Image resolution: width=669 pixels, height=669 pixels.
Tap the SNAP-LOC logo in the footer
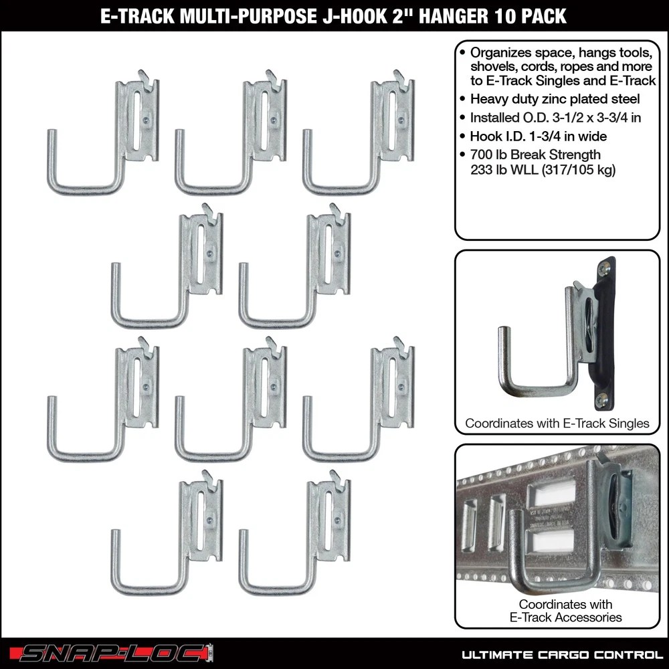coord(112,653)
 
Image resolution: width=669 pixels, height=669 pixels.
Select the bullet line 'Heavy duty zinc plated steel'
coord(555,99)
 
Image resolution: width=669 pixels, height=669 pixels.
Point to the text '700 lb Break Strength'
coord(535,155)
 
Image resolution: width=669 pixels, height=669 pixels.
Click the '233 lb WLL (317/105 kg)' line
coord(543,170)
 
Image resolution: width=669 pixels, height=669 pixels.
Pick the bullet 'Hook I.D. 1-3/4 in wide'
coord(538,136)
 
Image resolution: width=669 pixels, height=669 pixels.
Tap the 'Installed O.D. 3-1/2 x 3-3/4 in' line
coord(555,117)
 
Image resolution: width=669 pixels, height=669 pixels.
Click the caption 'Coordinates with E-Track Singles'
coord(557,423)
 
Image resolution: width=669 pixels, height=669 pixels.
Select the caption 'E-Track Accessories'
coord(565,617)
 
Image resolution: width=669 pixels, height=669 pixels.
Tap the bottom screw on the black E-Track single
coord(601,400)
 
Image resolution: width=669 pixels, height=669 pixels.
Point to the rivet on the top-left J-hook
coord(146,120)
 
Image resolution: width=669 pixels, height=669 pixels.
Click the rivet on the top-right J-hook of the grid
coord(401,120)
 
